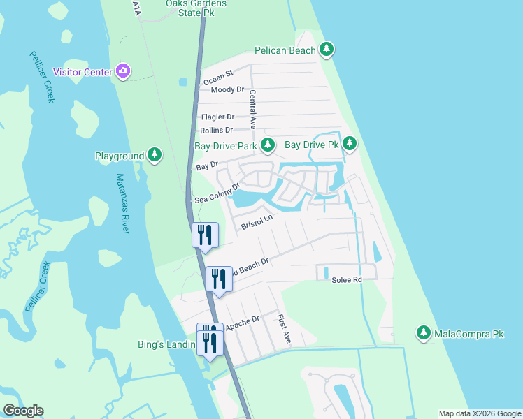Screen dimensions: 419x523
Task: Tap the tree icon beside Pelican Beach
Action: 327,50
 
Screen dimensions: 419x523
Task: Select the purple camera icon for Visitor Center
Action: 124,71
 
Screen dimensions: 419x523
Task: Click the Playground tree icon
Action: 155,156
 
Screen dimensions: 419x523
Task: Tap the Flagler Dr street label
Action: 217,117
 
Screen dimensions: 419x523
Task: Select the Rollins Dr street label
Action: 216,130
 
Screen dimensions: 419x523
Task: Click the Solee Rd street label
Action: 346,279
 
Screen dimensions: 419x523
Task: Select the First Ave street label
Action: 282,327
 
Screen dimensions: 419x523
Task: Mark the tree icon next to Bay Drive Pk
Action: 350,145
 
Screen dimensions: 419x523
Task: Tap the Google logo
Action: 23,411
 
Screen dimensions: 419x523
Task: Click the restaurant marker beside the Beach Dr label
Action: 219,280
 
